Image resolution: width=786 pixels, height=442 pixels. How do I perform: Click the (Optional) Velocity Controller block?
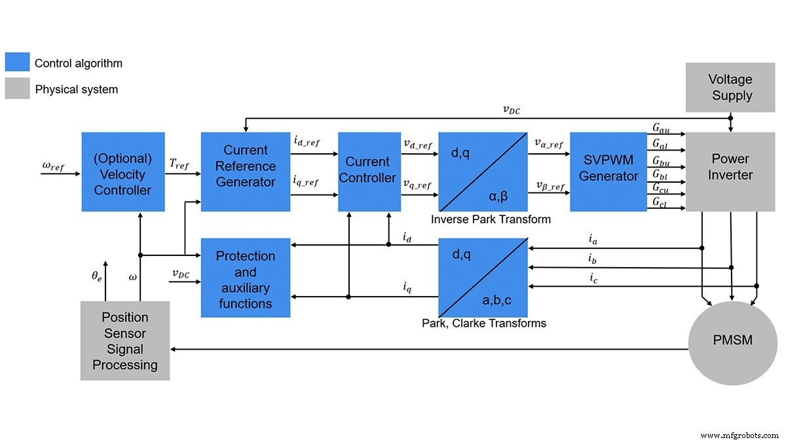tap(122, 172)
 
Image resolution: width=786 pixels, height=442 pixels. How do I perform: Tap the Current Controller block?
tap(369, 172)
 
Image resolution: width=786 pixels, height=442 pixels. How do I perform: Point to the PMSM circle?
tap(732, 341)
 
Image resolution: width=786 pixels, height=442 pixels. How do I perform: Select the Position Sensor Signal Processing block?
tap(124, 341)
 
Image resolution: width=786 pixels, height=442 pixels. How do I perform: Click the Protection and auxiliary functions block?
tap(245, 278)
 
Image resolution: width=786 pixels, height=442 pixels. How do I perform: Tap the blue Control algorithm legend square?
tap(17, 63)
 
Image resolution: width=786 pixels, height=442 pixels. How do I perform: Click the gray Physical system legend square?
tap(17, 88)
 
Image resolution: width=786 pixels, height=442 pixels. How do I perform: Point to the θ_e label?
tap(96, 276)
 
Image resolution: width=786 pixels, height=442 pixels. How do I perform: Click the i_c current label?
tap(593, 280)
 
